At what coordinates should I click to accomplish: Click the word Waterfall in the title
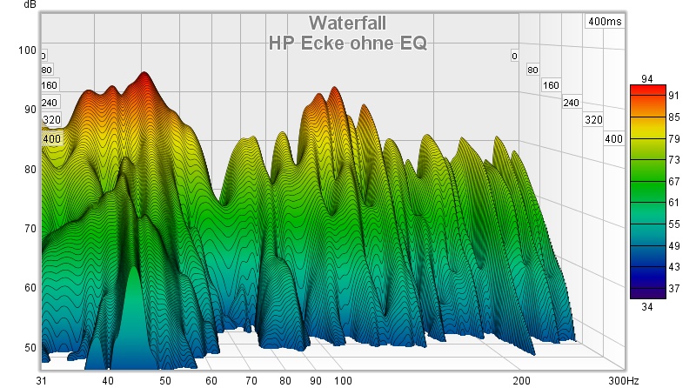347,23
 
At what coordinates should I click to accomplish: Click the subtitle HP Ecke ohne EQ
347,42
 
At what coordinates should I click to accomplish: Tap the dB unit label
30,5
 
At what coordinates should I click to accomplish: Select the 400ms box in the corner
605,21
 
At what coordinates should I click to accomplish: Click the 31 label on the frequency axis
42,381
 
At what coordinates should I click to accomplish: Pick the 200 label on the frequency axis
521,381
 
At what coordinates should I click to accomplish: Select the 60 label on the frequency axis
211,381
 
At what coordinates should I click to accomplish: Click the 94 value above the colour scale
647,79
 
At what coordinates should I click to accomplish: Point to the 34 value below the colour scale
647,305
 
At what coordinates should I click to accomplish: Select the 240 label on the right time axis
571,103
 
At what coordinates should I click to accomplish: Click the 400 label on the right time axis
613,139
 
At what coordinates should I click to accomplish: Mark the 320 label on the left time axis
50,120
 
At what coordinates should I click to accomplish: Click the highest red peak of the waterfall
144,75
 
